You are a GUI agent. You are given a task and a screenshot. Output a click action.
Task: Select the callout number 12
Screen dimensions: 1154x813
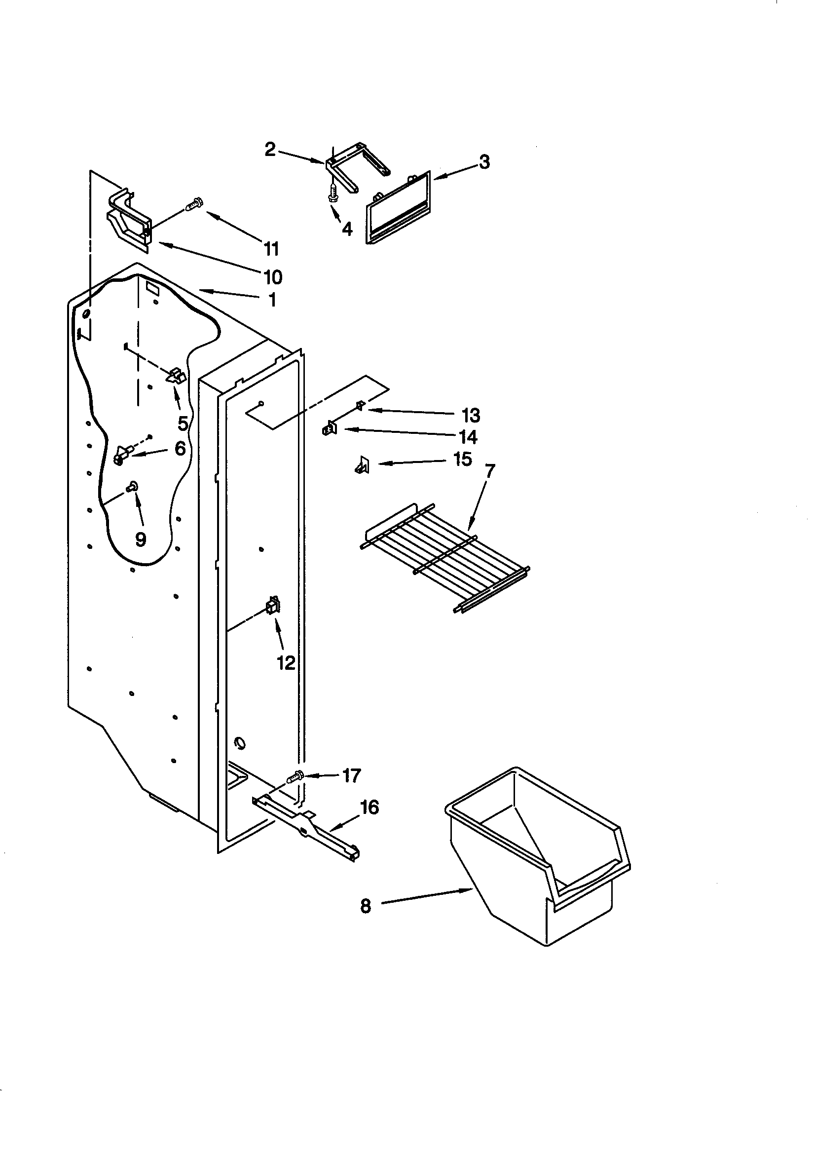pyautogui.click(x=286, y=663)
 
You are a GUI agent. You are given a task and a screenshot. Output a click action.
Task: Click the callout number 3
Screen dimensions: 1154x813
pyautogui.click(x=483, y=162)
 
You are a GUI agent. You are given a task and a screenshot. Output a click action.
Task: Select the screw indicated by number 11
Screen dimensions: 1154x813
pyautogui.click(x=194, y=204)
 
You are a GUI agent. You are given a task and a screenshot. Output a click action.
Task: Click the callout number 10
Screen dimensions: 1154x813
pyautogui.click(x=273, y=276)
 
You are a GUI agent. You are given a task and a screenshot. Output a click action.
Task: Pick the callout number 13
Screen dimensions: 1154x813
pyautogui.click(x=471, y=415)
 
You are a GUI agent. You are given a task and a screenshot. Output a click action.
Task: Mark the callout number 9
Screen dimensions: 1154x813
pyautogui.click(x=141, y=539)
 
